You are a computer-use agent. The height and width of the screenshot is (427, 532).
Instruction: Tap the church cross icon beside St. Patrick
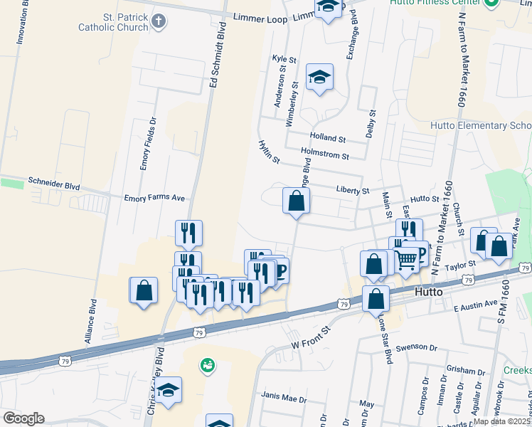(159, 21)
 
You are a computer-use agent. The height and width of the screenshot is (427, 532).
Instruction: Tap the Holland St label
(327, 138)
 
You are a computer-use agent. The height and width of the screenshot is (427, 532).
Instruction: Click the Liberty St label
(353, 191)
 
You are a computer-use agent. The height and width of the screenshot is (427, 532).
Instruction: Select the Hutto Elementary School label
(481, 125)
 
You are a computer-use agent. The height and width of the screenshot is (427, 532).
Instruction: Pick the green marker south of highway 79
(208, 365)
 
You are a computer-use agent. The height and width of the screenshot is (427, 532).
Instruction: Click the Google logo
(23, 418)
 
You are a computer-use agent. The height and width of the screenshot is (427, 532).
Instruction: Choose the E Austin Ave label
(476, 304)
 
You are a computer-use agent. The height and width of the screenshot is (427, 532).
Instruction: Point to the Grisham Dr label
(466, 371)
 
